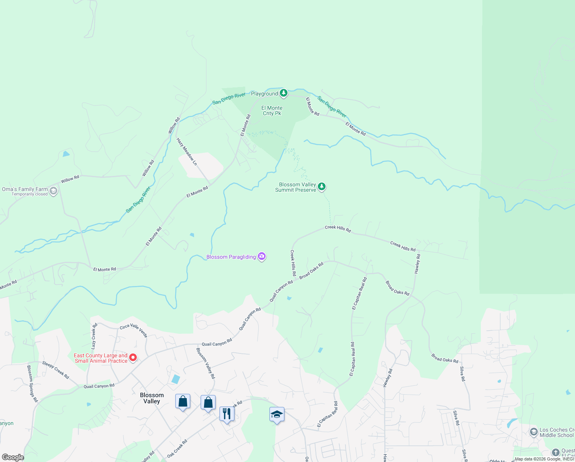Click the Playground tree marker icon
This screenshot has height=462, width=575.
[284, 93]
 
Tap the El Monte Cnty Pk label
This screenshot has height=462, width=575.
[272, 110]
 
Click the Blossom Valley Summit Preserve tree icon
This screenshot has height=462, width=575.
[322, 187]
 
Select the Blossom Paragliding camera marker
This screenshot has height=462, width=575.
[262, 256]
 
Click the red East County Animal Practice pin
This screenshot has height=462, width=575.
[133, 357]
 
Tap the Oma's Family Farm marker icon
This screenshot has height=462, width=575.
[53, 191]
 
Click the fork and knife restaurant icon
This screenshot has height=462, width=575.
[227, 414]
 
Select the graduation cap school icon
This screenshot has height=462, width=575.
[277, 415]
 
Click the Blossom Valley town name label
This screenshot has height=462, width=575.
[152, 398]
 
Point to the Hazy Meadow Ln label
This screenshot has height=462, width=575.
[187, 152]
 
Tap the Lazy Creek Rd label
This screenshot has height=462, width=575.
[94, 336]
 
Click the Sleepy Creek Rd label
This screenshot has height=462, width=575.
[56, 370]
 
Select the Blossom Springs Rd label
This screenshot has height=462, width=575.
[32, 383]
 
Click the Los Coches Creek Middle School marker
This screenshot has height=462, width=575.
[533, 432]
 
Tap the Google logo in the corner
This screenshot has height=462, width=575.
[13, 457]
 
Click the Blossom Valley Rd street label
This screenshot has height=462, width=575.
[206, 363]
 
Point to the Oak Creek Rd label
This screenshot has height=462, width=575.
[177, 449]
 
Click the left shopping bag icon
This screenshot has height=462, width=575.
[183, 402]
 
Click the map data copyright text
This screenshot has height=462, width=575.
[544, 459]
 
